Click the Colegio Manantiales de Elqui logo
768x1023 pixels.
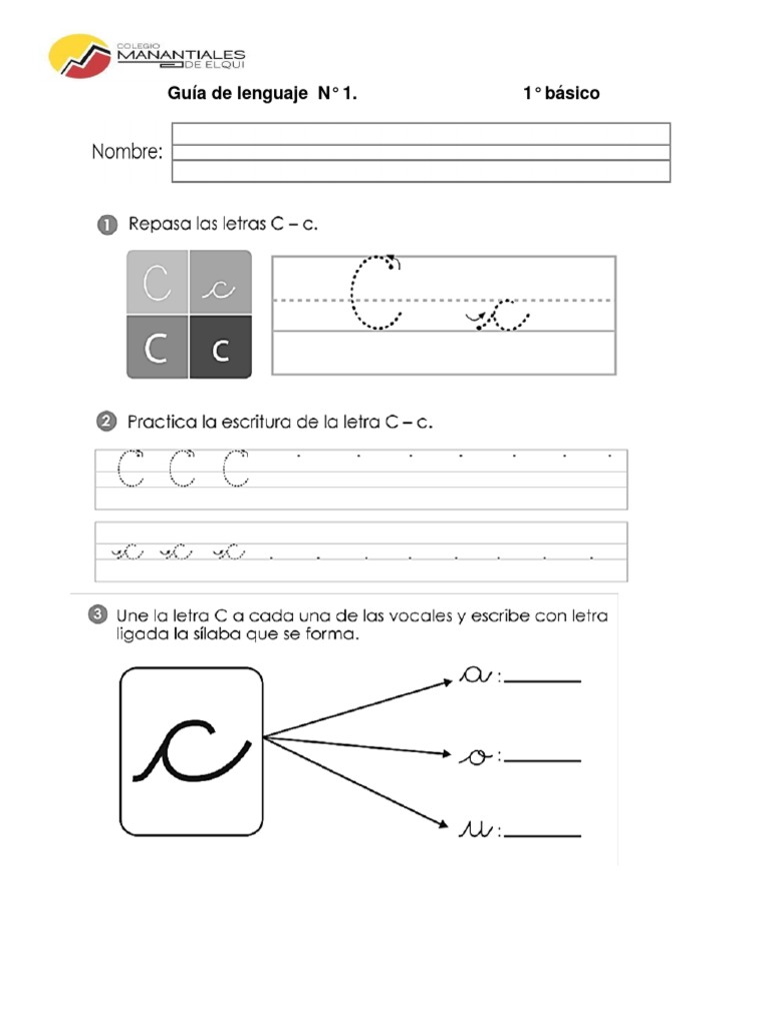coord(147,58)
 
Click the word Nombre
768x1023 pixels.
coord(127,153)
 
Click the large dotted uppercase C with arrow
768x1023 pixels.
coord(377,292)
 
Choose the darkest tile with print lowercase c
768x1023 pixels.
coord(220,347)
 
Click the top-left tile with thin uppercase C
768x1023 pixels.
coord(157,284)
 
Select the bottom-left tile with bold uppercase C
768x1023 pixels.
coord(157,347)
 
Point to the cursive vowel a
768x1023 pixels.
coord(475,677)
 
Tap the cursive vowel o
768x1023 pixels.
coord(476,758)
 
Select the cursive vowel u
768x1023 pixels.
coord(476,829)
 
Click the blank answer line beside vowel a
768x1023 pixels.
coord(543,681)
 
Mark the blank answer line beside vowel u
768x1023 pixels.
coord(543,835)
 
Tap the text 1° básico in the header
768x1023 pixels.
coord(561,94)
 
